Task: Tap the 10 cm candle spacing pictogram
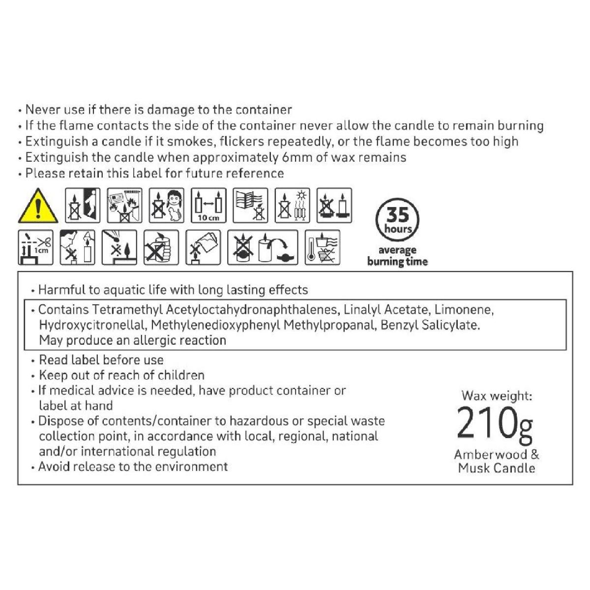click(208, 205)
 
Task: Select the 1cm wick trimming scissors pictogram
click(35, 247)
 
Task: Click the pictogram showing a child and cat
click(167, 205)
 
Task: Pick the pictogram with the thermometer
click(323, 247)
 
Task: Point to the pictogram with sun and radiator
click(293, 205)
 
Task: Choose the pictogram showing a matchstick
click(119, 247)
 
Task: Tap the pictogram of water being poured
click(203, 247)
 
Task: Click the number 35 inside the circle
click(397, 215)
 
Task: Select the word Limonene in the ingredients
click(464, 310)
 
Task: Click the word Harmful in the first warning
click(62, 290)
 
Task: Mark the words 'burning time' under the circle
click(397, 262)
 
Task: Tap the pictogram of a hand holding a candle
click(161, 247)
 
